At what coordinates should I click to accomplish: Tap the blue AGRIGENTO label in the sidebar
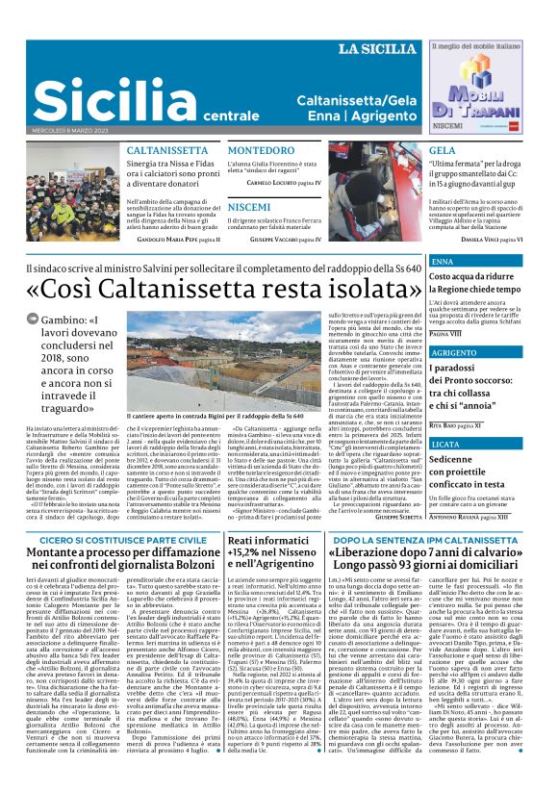[454, 353]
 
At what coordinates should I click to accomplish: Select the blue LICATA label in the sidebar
[446, 445]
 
